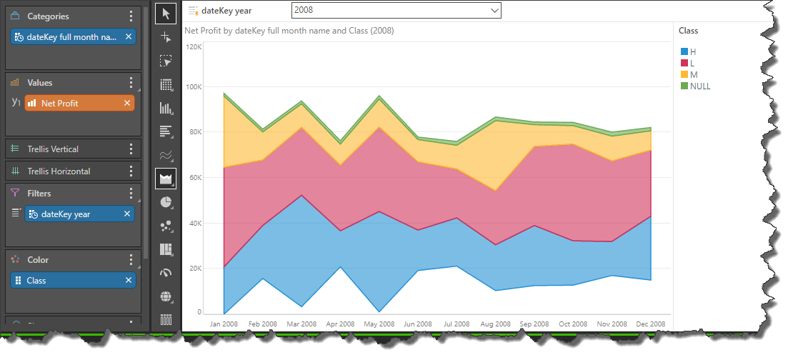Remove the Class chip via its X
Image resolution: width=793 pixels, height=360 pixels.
(128, 281)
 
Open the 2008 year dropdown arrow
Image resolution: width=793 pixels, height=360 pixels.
(493, 11)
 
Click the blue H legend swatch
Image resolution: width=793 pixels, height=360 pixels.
(684, 52)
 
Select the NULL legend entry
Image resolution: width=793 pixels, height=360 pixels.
(700, 86)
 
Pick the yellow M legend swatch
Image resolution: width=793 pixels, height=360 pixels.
(684, 75)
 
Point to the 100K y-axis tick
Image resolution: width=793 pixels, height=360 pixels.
(194, 87)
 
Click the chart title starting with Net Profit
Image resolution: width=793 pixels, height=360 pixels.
(289, 31)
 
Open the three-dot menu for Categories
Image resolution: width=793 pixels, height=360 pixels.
(131, 16)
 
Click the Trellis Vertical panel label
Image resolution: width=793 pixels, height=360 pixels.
(53, 149)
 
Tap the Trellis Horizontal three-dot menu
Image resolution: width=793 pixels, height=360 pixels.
(131, 171)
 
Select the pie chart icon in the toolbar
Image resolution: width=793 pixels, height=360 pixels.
(166, 202)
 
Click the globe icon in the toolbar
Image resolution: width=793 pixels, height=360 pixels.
(166, 296)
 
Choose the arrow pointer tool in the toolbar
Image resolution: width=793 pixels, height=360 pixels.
(166, 13)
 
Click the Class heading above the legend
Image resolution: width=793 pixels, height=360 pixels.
(688, 31)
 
